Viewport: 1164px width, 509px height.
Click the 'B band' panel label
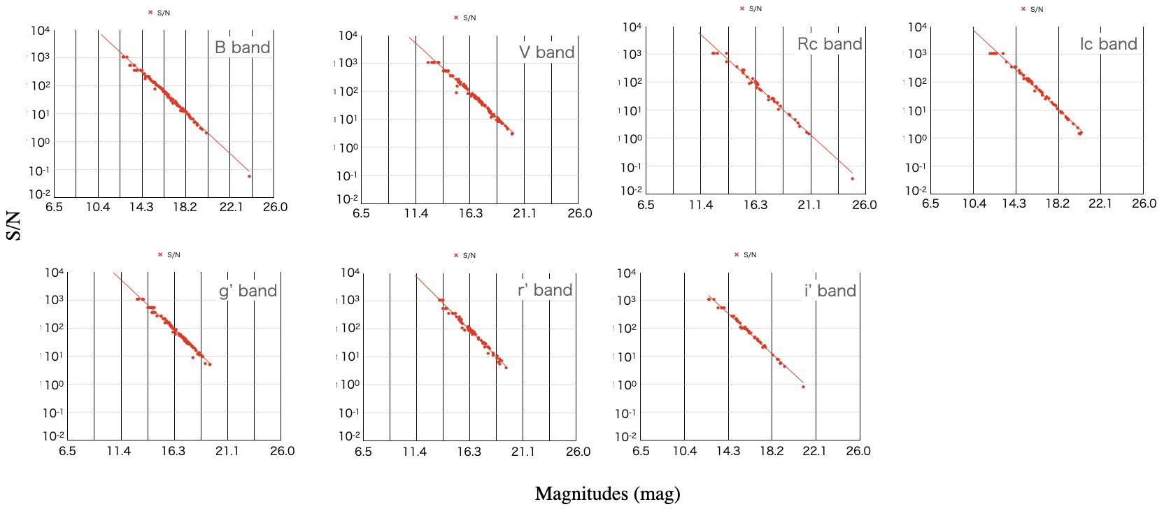[242, 48]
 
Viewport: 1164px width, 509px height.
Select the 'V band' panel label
[546, 52]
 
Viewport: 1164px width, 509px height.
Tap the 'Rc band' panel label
[830, 44]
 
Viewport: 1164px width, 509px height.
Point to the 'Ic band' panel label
[1108, 44]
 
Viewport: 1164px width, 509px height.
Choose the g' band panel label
[248, 291]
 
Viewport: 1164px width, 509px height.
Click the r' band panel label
[545, 290]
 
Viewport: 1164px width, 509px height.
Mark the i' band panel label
[830, 291]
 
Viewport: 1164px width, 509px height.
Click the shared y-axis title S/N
[13, 227]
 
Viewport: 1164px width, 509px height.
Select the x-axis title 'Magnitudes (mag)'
[607, 494]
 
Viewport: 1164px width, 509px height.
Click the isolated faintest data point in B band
[250, 176]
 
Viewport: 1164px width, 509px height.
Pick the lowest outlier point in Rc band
[852, 178]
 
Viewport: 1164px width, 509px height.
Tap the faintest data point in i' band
[803, 387]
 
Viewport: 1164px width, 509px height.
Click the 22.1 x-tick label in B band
[231, 207]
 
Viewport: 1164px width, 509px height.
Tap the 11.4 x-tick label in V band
[416, 213]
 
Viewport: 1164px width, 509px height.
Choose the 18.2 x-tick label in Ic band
[1057, 203]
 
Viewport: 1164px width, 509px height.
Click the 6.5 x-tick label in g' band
[67, 451]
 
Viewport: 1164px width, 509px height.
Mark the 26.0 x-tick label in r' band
[578, 452]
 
